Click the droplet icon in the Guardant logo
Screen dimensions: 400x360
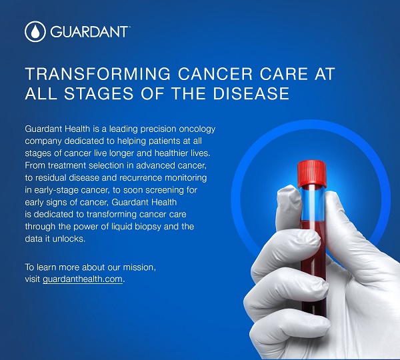click(x=35, y=31)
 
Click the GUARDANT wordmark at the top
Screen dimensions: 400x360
click(x=89, y=31)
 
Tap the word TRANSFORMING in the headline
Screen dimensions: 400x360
click(x=98, y=74)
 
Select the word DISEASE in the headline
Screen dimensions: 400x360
click(x=251, y=93)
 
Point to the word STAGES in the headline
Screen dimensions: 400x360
click(x=99, y=93)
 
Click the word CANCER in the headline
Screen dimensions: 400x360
click(x=215, y=74)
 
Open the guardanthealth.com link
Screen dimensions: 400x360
click(x=83, y=279)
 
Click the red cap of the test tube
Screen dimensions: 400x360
click(x=312, y=173)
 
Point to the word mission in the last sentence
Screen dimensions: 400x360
click(x=139, y=267)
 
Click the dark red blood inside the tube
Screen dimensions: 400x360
click(x=313, y=268)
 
